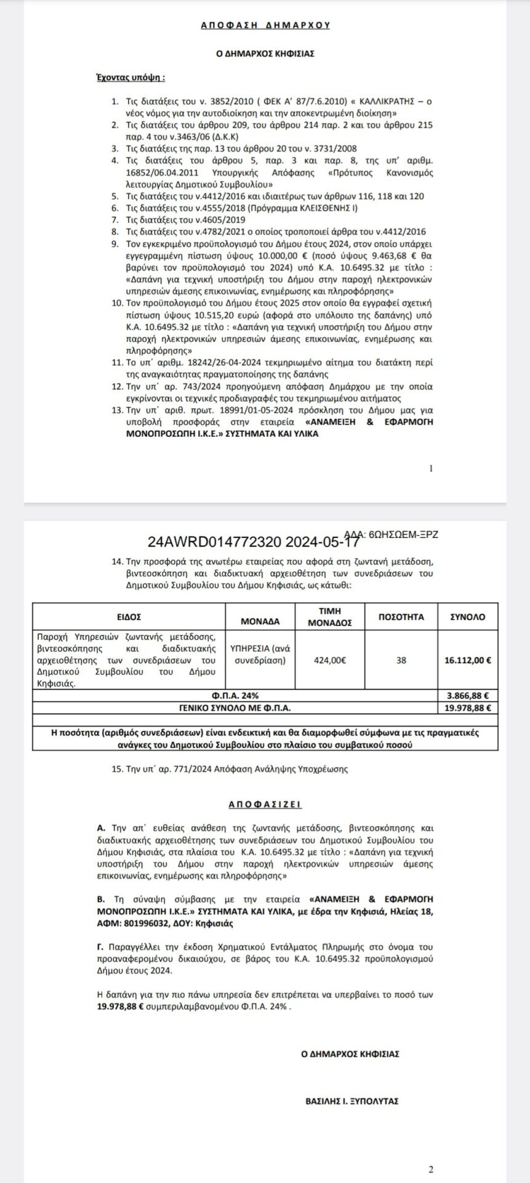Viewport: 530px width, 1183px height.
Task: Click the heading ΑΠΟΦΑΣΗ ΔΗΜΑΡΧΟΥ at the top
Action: pos(265,25)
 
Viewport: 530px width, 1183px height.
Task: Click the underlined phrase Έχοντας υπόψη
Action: pos(127,78)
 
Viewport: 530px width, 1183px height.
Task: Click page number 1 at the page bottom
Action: pos(431,468)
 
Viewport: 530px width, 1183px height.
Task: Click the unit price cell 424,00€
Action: pos(330,659)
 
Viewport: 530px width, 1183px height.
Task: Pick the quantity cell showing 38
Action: pos(401,659)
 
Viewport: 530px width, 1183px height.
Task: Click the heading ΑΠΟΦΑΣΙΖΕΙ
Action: pos(265,805)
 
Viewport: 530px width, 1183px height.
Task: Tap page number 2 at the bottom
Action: pos(431,1169)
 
